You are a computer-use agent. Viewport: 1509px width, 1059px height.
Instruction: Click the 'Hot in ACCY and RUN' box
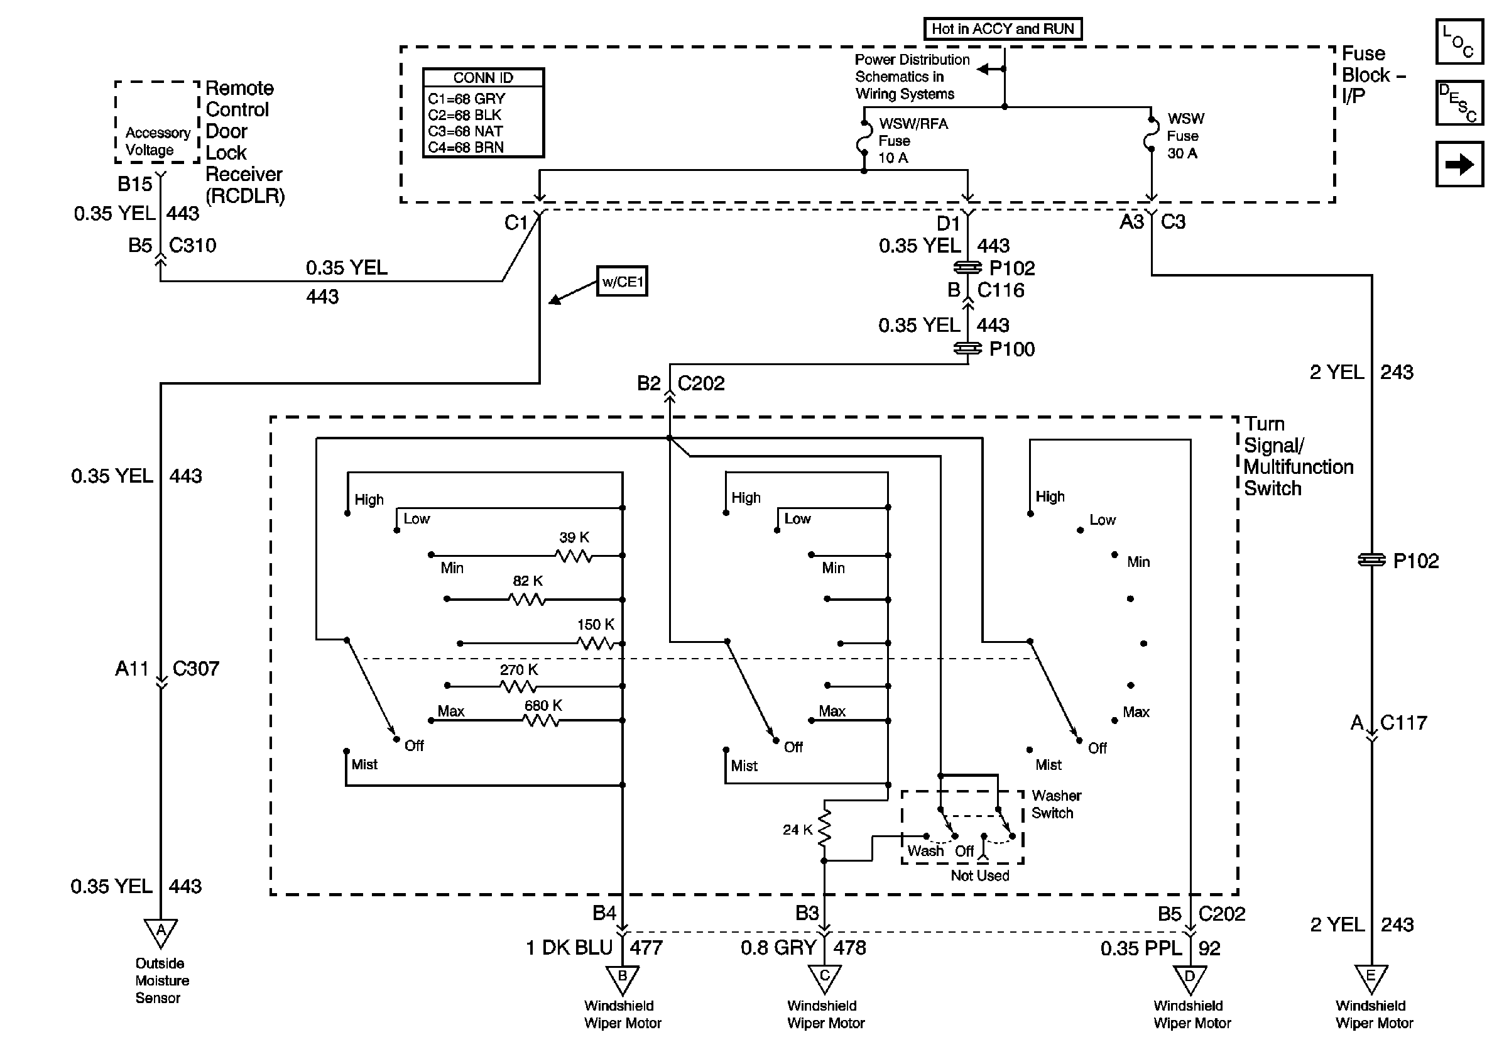[1002, 29]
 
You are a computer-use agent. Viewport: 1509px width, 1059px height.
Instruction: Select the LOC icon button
[1459, 41]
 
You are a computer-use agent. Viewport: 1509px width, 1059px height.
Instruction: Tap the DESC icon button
[1459, 102]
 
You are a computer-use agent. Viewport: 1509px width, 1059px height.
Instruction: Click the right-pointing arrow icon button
[1459, 163]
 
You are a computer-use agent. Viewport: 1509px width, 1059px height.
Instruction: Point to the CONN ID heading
[483, 77]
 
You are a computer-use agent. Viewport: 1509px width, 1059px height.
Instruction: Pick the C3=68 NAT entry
[466, 131]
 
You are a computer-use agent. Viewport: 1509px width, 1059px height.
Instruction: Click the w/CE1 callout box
[622, 282]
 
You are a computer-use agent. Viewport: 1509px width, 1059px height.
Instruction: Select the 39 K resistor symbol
[574, 556]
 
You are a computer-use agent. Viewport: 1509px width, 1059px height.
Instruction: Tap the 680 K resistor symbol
[542, 720]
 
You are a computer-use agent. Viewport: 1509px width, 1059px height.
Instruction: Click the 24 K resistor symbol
[824, 830]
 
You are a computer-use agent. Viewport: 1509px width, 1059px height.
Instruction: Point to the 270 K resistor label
[518, 670]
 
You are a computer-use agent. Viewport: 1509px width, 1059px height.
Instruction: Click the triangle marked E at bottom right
[1371, 978]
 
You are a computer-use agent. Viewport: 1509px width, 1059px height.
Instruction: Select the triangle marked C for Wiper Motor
[824, 978]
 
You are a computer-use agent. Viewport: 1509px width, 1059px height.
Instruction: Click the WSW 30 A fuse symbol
[1152, 134]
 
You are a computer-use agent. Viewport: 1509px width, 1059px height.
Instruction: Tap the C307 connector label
[195, 669]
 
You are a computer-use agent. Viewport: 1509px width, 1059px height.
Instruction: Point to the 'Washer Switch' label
[1055, 804]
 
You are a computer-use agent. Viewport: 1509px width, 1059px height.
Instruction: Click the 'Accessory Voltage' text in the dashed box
[158, 141]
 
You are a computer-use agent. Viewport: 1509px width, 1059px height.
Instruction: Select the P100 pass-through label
[1011, 349]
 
